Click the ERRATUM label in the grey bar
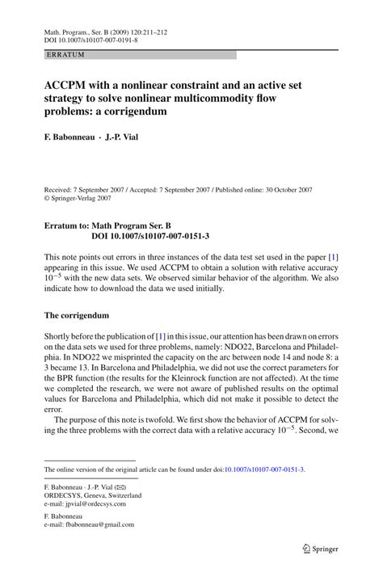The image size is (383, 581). [x=66, y=55]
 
